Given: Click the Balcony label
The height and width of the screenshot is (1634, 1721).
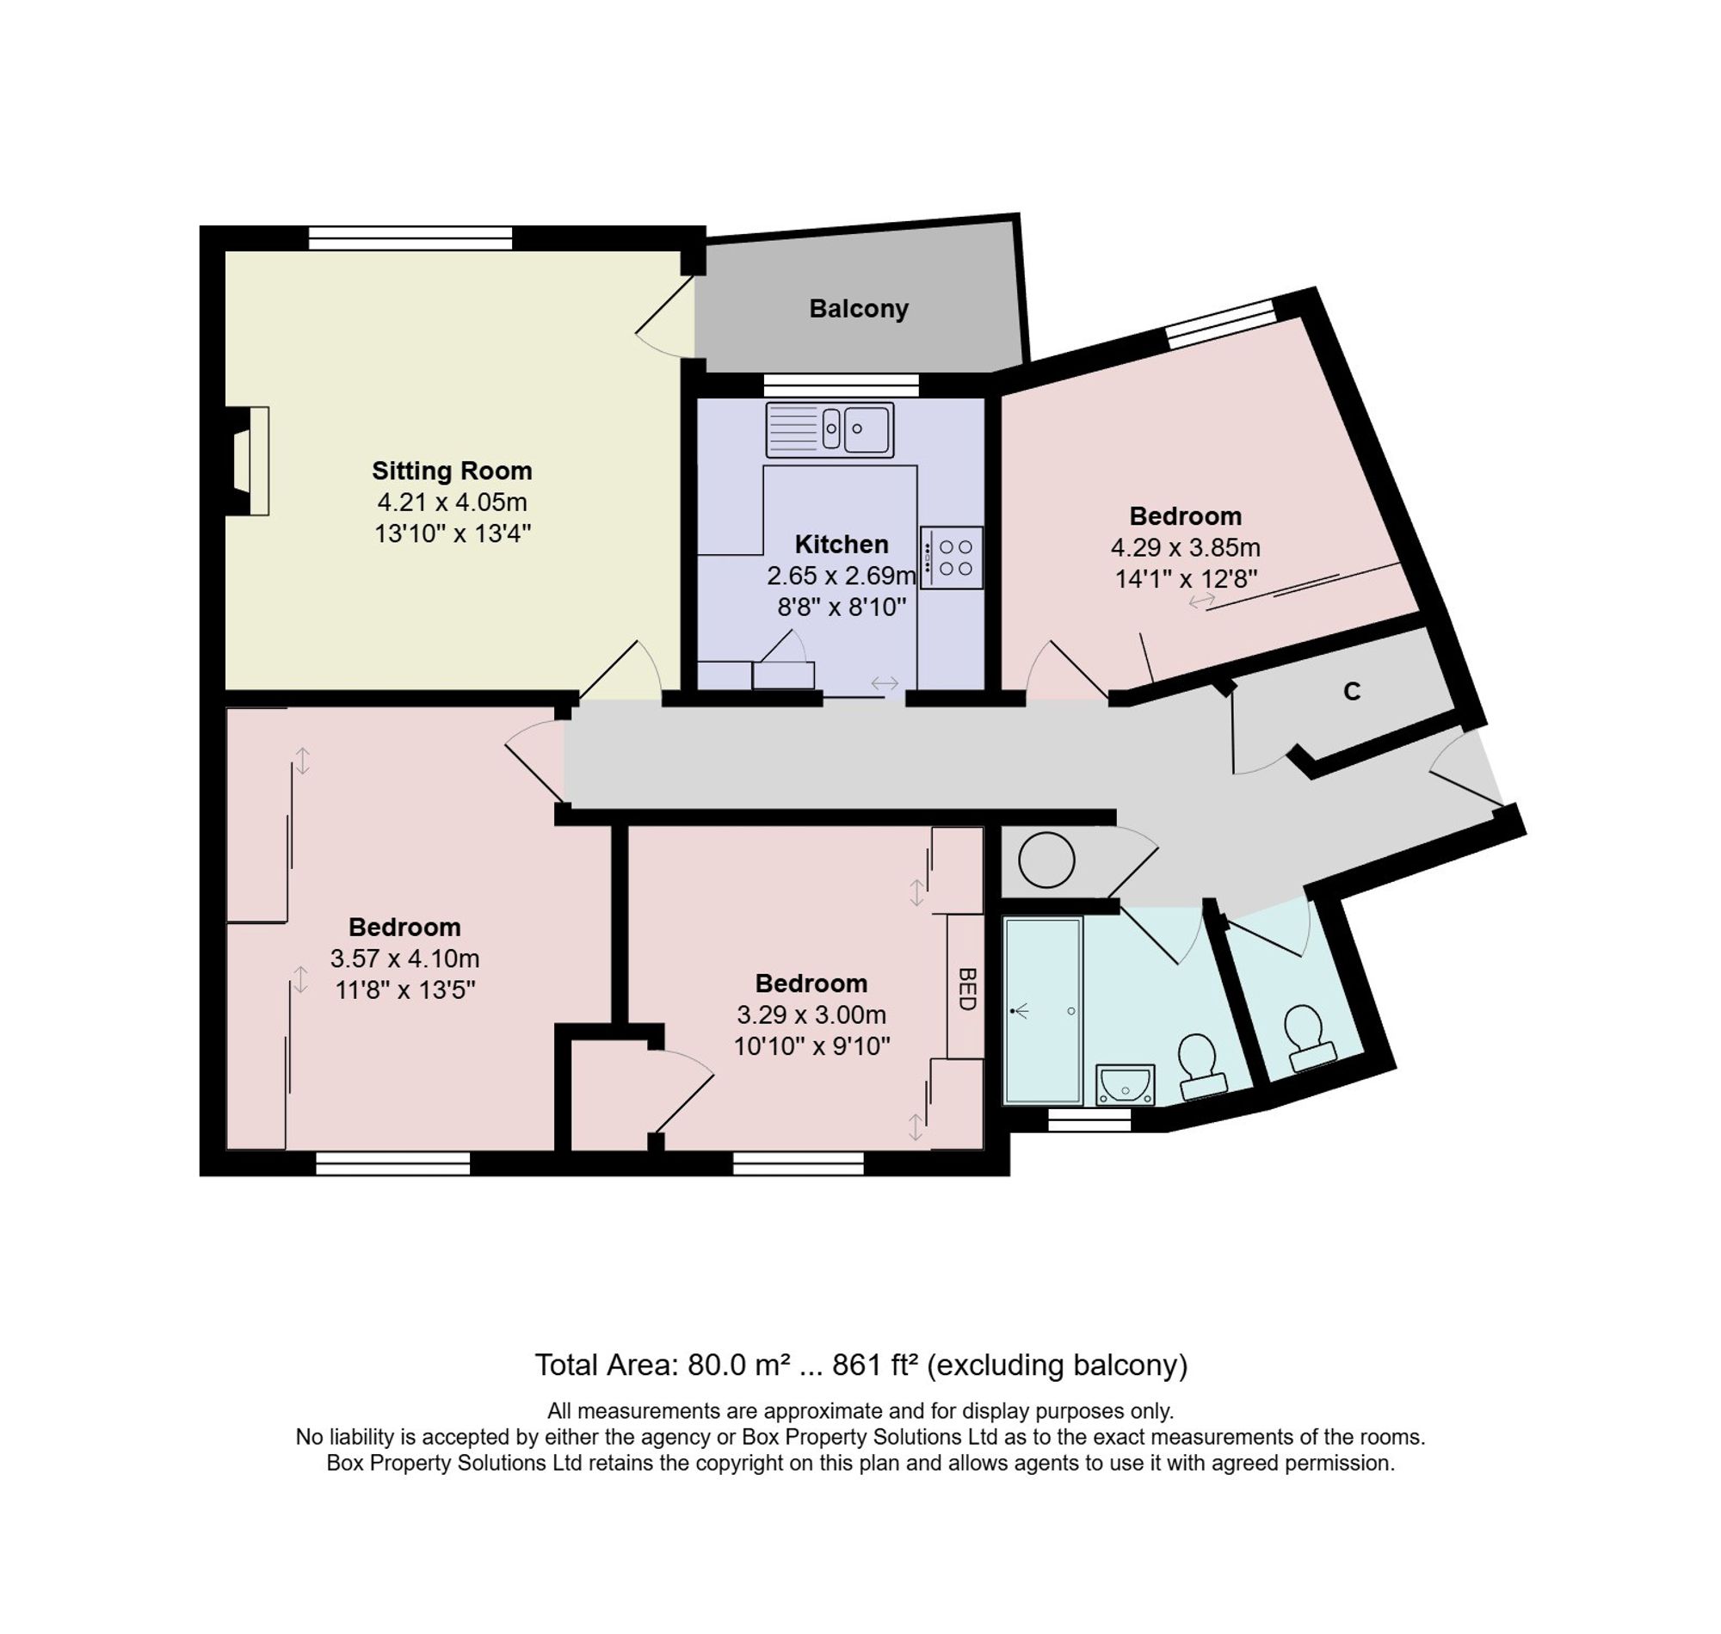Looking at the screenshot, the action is point(858,308).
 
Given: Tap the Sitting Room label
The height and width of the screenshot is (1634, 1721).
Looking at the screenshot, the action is point(452,471).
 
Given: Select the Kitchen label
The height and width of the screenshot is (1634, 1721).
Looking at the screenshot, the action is point(842,545).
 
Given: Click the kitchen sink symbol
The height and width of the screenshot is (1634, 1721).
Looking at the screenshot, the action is point(830,429).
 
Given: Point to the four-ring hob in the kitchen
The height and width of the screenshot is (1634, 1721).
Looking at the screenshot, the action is point(952,558).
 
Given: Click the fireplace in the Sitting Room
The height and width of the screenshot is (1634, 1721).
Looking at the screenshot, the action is point(247,460).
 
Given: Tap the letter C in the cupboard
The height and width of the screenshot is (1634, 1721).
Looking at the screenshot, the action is point(1352,692).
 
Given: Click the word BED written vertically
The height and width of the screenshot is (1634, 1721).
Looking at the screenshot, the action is point(965,989).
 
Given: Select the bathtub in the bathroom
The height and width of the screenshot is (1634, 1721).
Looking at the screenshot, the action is point(1044,1010).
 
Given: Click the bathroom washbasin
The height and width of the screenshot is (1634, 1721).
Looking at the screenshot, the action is point(1126,1084).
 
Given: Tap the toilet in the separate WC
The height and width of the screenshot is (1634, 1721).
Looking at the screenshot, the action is point(1307,1039).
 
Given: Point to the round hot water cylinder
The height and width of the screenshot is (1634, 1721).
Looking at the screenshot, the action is point(1046,860).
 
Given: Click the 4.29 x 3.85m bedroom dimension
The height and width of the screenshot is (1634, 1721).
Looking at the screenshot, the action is point(1186,548).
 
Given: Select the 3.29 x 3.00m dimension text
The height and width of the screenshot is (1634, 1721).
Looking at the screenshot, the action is point(811,1014).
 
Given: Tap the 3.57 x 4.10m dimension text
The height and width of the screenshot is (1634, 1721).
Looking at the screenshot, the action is point(405,958).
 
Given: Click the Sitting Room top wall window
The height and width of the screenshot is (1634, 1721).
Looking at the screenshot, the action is point(410,237).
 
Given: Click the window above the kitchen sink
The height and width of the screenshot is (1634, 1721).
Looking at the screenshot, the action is point(842,384).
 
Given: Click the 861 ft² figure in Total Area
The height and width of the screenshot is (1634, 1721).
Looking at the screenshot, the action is point(874,1365).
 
